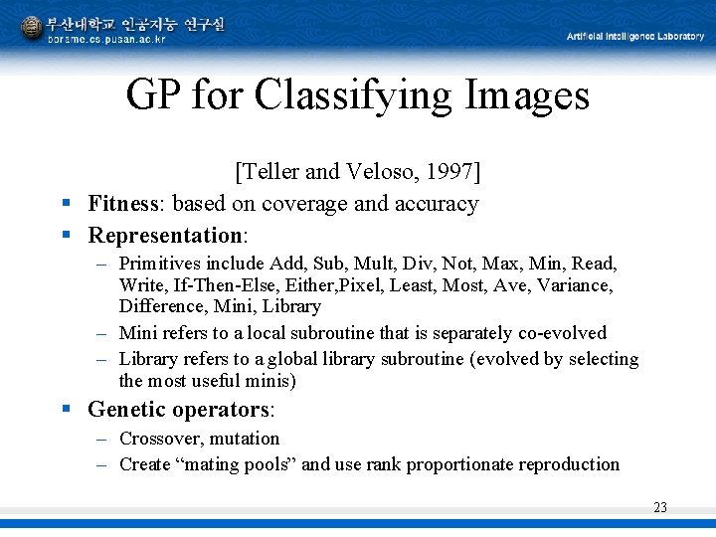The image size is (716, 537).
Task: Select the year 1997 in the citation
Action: (x=453, y=172)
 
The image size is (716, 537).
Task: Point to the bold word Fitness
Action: (x=123, y=204)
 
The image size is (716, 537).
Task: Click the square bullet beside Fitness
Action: (x=66, y=204)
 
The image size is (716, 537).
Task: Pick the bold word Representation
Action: (x=165, y=236)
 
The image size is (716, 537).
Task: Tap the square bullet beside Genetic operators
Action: (x=66, y=409)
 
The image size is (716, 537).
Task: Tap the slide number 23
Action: (x=660, y=508)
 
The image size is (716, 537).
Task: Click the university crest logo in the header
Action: (x=33, y=27)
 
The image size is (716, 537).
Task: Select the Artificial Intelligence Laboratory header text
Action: (x=634, y=37)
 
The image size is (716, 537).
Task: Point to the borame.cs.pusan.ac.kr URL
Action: (x=106, y=39)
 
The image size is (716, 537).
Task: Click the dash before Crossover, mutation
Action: (x=102, y=439)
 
